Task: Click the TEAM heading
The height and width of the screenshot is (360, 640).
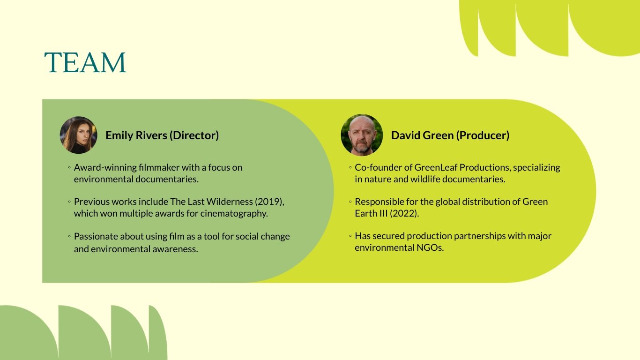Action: pos(85,63)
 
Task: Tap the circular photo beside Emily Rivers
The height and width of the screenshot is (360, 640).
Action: pos(78,135)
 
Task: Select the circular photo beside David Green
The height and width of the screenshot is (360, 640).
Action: pos(361,135)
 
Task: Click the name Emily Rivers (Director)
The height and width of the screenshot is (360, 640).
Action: pos(162,135)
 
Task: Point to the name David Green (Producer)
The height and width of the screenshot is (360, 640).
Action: pos(450,135)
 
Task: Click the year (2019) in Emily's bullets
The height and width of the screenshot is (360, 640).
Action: pos(269,202)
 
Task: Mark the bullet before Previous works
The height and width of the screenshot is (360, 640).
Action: pos(69,202)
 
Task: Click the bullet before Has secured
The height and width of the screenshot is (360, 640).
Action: pos(350,236)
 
